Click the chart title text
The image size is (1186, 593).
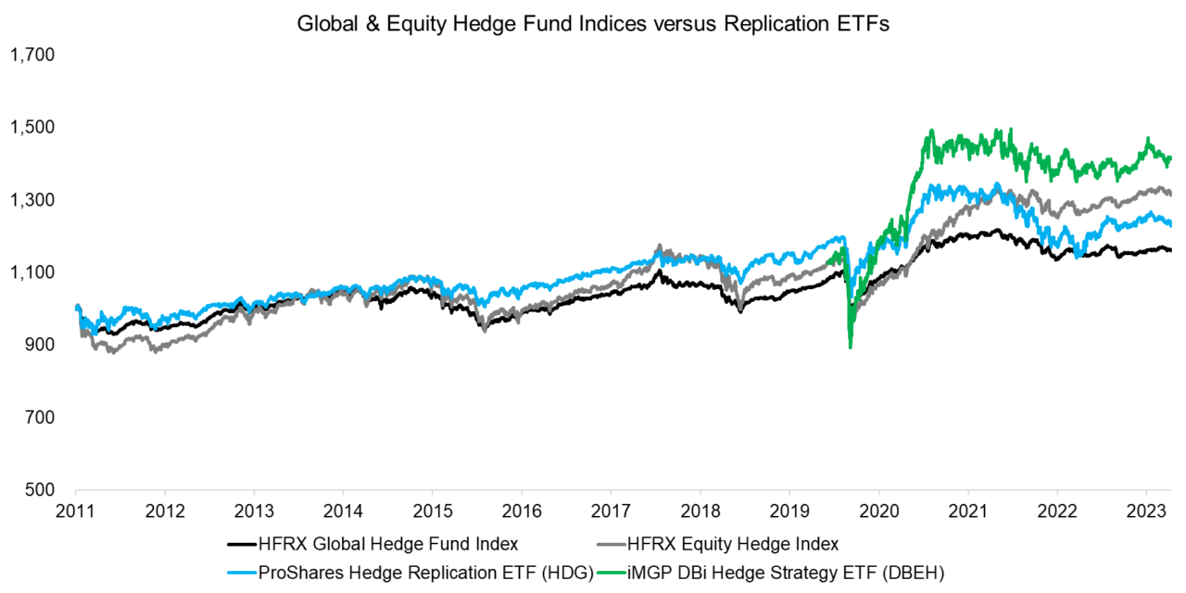pos(593,25)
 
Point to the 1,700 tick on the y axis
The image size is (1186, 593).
pos(32,56)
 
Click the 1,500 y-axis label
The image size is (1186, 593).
pos(32,128)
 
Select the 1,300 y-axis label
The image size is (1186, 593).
pos(32,200)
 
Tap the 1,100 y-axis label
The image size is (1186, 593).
pos(32,272)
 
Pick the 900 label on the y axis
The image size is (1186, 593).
pos(39,345)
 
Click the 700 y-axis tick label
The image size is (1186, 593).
pos(39,417)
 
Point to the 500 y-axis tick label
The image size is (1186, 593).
pos(39,489)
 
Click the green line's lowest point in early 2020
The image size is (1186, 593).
pos(851,347)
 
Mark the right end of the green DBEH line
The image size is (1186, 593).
pos(1171,158)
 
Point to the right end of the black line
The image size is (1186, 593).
pos(1171,250)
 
